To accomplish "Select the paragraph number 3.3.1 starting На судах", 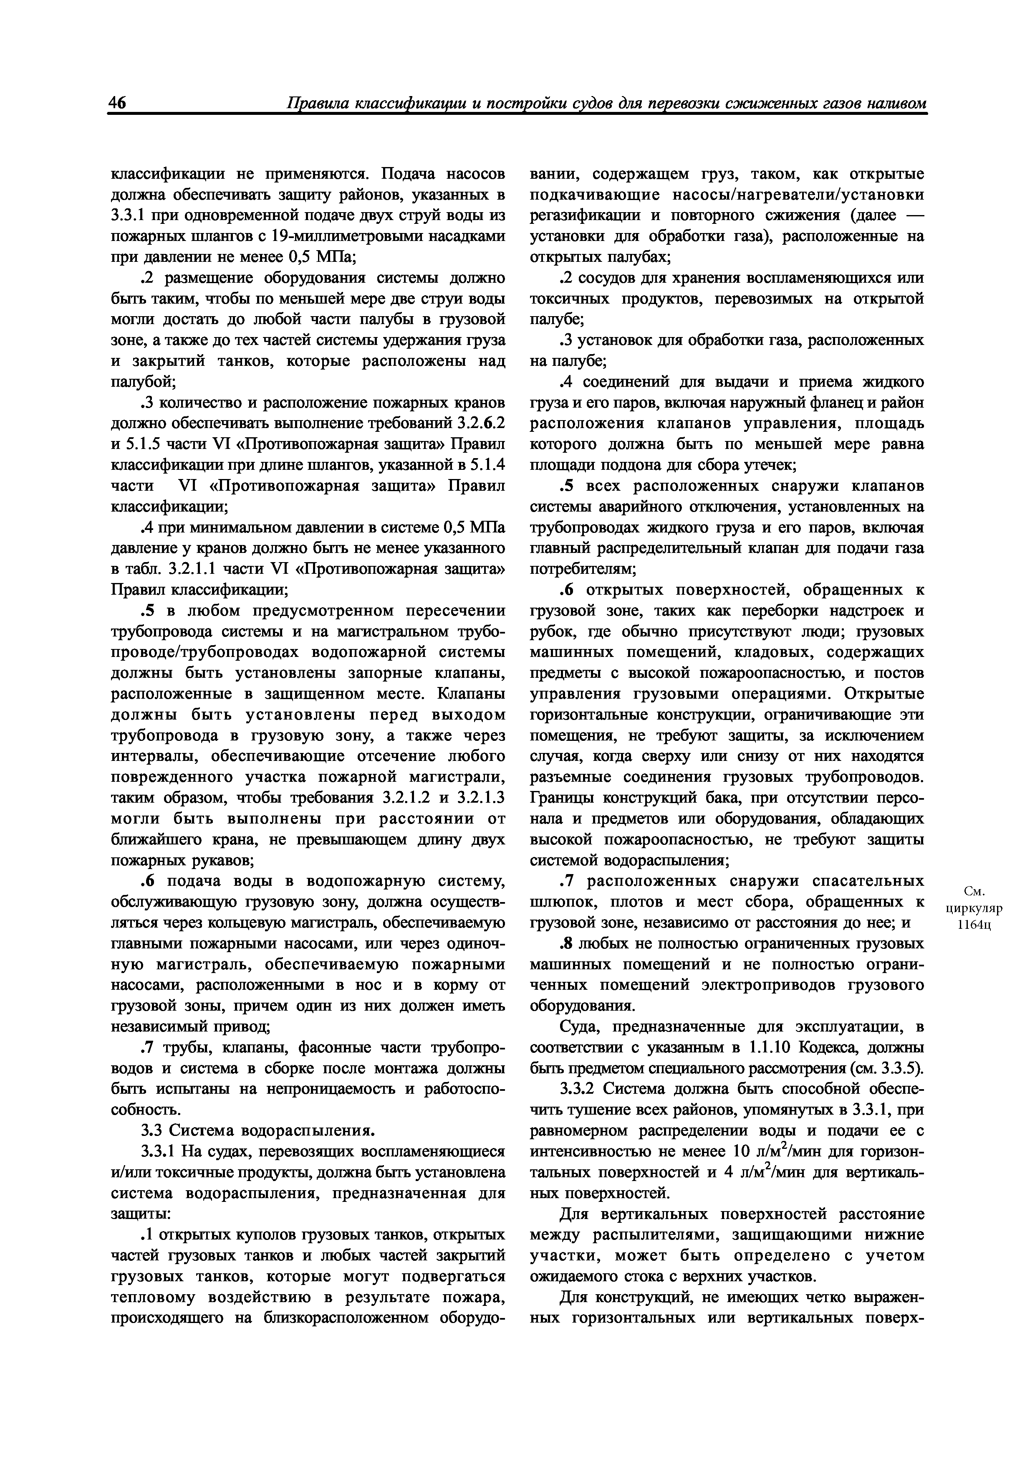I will click(159, 1152).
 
